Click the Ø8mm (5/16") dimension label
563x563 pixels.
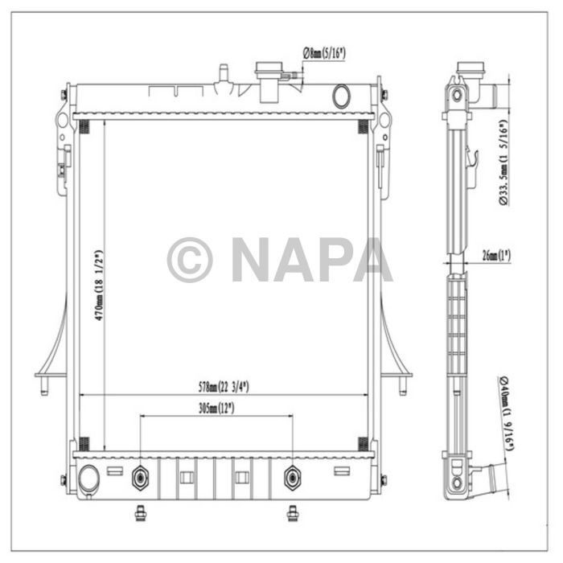click(x=324, y=53)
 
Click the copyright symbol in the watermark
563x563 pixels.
click(x=190, y=260)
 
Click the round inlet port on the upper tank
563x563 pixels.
click(x=342, y=96)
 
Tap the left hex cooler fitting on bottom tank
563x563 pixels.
click(x=141, y=479)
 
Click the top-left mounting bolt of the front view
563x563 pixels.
click(x=64, y=96)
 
